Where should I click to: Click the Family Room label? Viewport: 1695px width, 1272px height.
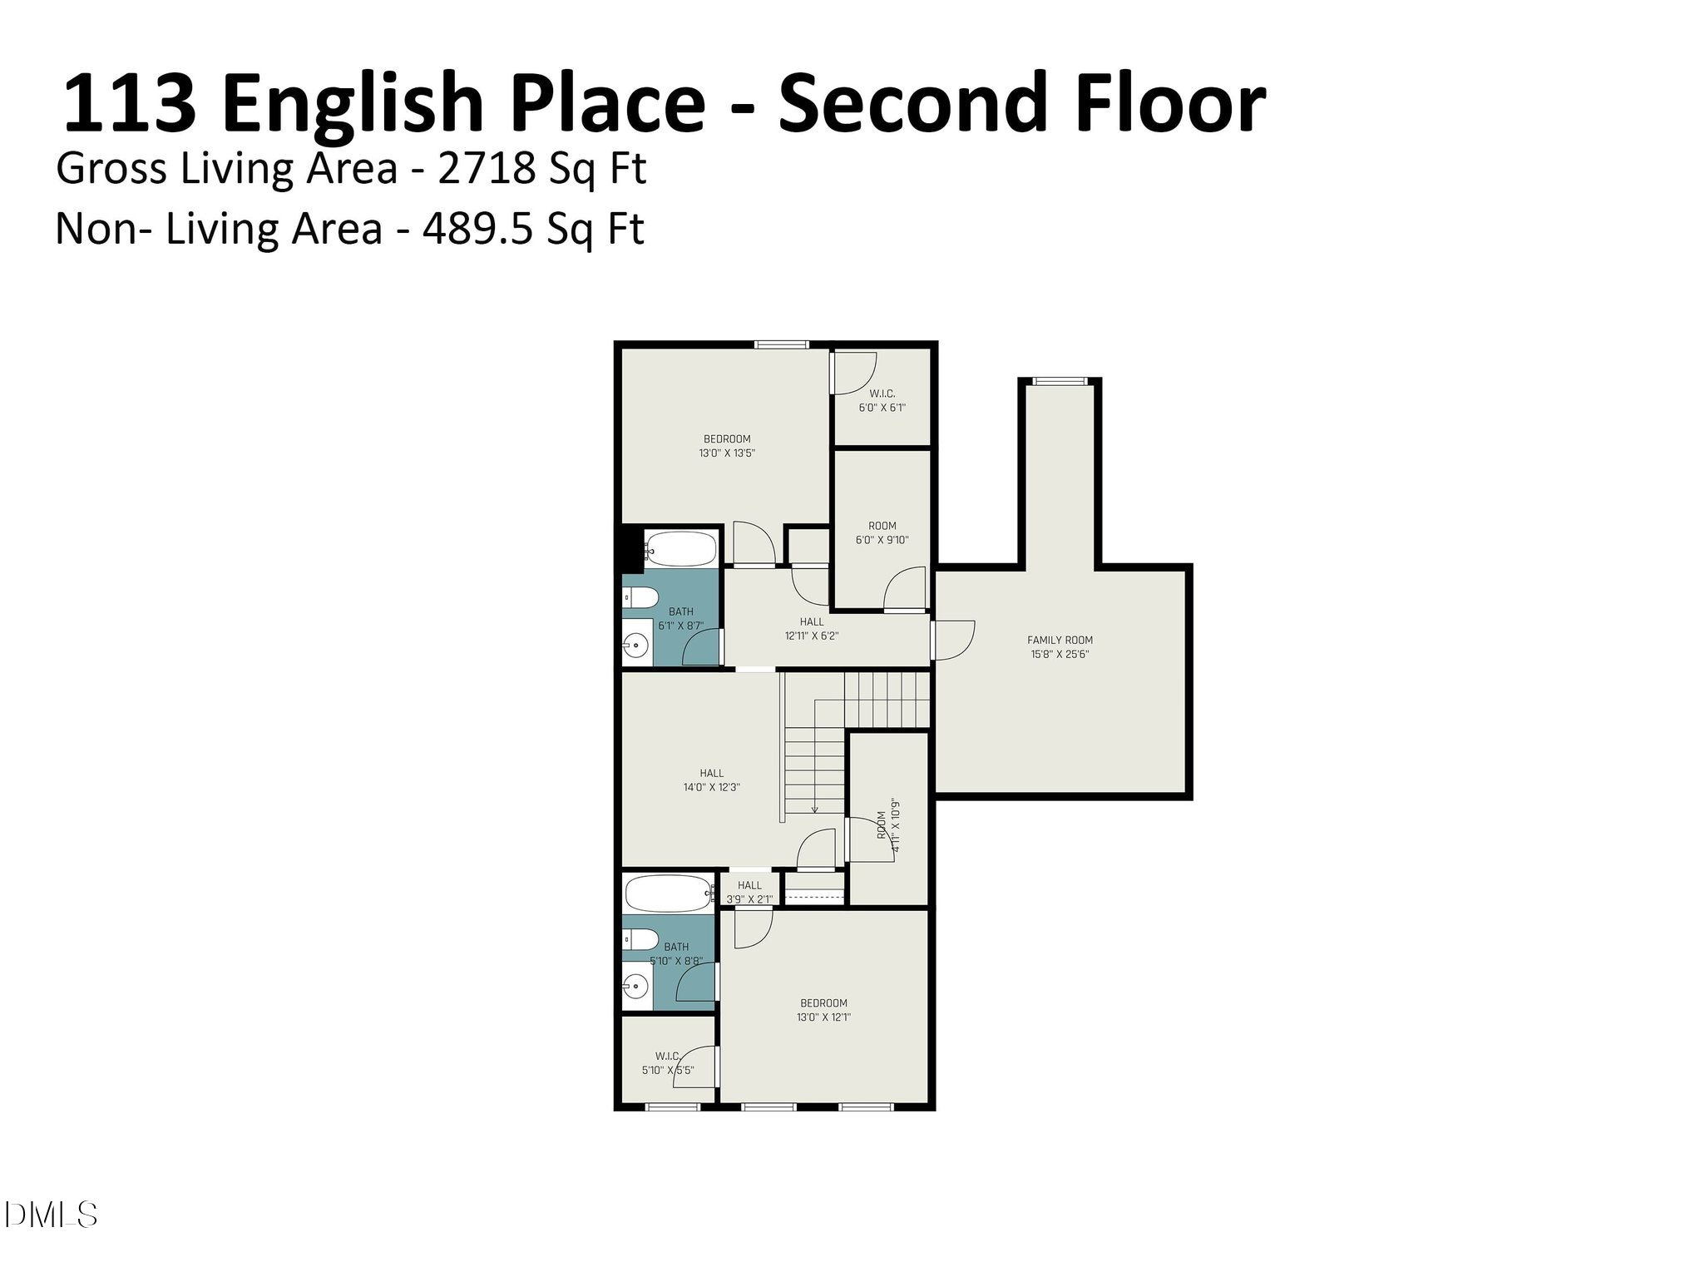coord(1060,641)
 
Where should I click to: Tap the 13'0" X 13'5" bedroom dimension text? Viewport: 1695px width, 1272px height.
coord(727,454)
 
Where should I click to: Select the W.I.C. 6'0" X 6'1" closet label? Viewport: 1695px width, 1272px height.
coord(882,401)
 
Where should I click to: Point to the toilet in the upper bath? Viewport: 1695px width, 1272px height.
coord(640,597)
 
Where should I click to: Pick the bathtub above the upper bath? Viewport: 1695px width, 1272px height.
coord(679,548)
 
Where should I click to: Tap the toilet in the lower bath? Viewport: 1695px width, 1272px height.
coord(640,939)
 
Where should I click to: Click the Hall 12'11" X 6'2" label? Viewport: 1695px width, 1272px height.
coord(812,629)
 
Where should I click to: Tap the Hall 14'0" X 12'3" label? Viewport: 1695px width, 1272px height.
coord(711,780)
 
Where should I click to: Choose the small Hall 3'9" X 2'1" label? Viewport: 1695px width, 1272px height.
coord(749,892)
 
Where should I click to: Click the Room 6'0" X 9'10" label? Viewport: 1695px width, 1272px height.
coord(882,532)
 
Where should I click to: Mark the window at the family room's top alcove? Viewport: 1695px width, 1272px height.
coord(1060,382)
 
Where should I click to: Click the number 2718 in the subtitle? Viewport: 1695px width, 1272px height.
coord(486,169)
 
